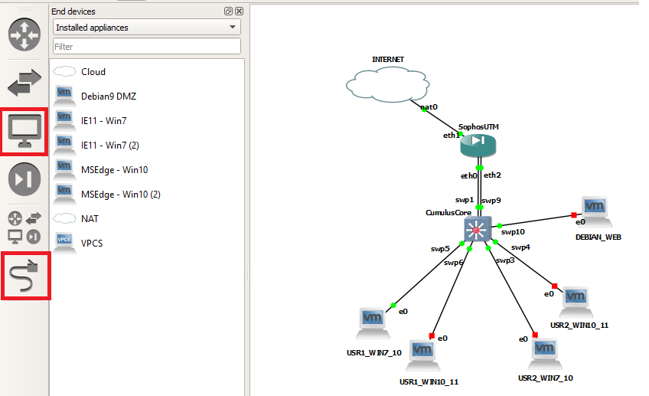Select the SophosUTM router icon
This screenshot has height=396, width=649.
479,142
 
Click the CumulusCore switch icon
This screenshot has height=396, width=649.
477,229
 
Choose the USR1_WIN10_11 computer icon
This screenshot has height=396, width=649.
421,354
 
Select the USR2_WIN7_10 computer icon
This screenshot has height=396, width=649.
544,352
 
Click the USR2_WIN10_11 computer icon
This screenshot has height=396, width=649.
576,299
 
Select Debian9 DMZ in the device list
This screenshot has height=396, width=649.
108,97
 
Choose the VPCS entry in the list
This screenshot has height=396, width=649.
92,244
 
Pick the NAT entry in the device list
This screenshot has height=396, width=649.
90,219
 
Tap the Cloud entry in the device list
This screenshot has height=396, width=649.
93,72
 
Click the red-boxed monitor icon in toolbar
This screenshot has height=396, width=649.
24,131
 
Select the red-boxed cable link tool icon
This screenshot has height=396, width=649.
24,275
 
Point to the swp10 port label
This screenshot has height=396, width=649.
513,231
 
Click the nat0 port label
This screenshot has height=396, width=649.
429,107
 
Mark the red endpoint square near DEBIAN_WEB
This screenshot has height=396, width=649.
572,215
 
